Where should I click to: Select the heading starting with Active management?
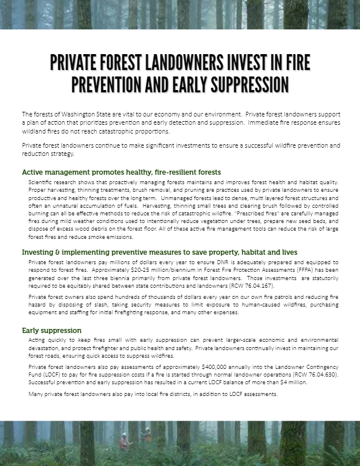pos(121,172)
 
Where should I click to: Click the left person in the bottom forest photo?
pos(124,440)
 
